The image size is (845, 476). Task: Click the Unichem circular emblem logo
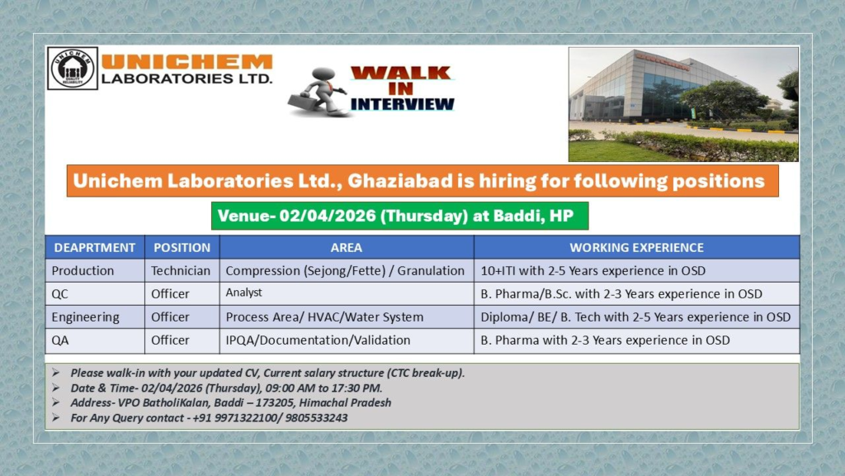pos(72,69)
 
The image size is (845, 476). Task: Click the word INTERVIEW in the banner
pos(403,104)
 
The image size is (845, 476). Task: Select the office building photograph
pos(683,104)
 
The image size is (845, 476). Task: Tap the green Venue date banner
pos(399,216)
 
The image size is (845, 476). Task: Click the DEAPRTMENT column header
pos(95,247)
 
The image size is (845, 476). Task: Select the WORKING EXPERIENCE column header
pos(636,247)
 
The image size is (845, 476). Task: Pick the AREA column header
pos(346,247)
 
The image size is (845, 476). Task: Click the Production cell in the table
pos(83,270)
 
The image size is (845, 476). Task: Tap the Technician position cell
pos(181,270)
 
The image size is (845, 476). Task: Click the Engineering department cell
pos(86,317)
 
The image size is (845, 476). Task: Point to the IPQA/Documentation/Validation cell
pos(318,340)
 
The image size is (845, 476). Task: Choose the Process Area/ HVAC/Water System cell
pos(324,317)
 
